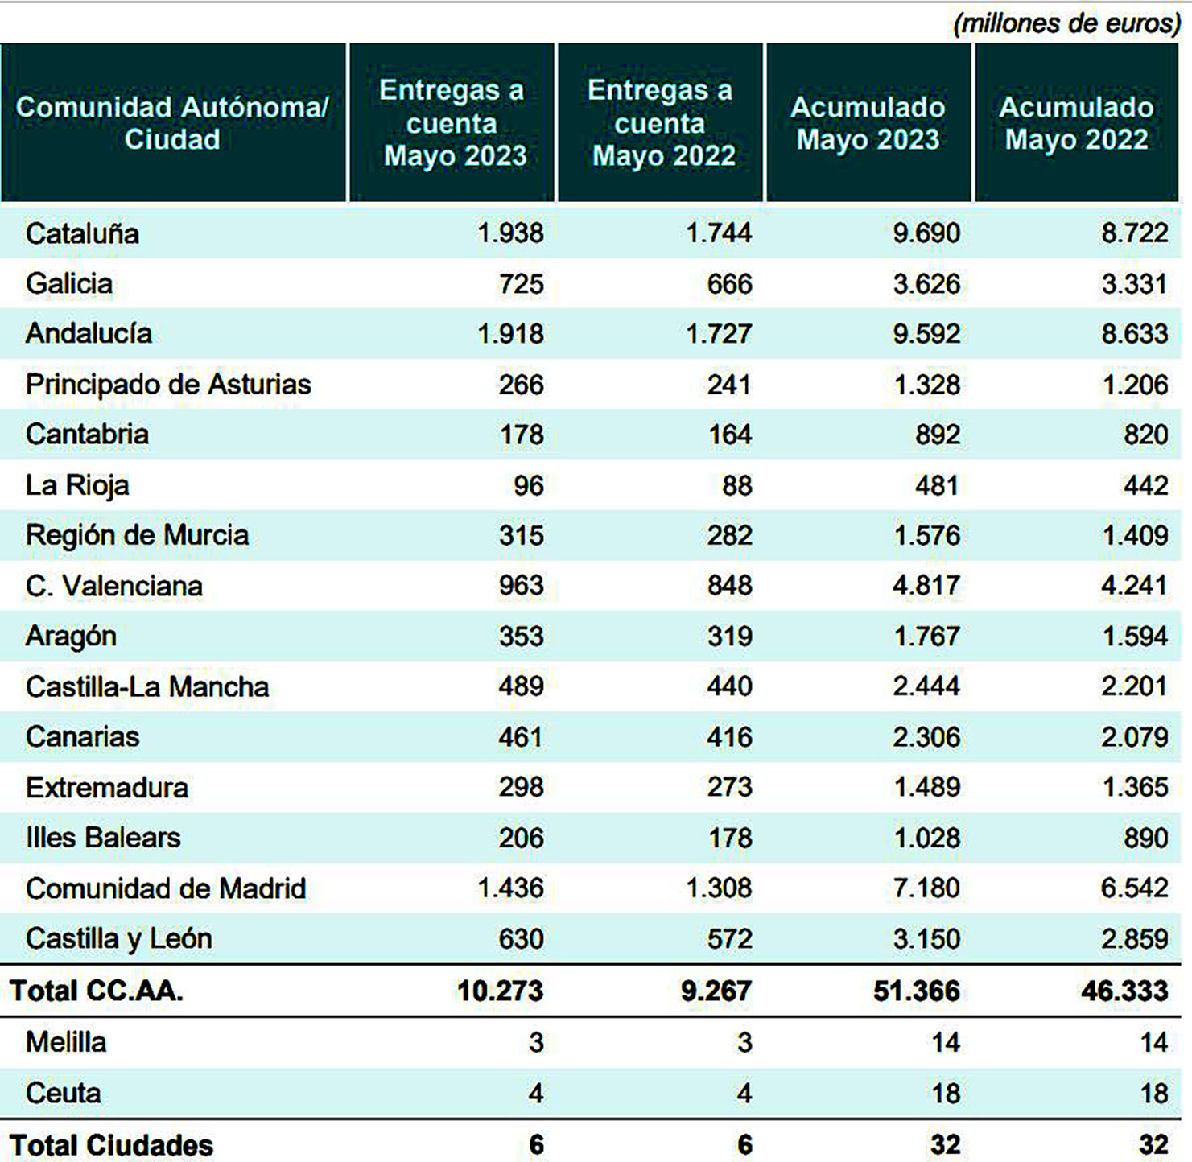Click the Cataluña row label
coord(82,233)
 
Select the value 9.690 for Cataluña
coord(926,233)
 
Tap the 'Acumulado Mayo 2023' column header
coord(868,123)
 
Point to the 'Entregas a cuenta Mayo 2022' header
coord(660,123)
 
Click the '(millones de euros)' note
coord(1066,23)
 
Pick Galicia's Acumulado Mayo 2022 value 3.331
coord(1134,284)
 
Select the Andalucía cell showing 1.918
coord(510,334)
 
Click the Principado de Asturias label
coord(168,385)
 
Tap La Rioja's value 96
coord(528,485)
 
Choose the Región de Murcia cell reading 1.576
coord(926,536)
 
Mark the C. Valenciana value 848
coord(729,586)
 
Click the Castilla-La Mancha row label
coord(147,686)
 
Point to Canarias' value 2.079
coord(1134,737)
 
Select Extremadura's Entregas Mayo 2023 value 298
coord(521,787)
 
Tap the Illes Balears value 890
coord(1145,838)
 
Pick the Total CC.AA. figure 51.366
coord(916,991)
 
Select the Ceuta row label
coord(64,1093)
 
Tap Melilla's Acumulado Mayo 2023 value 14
coord(945,1043)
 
